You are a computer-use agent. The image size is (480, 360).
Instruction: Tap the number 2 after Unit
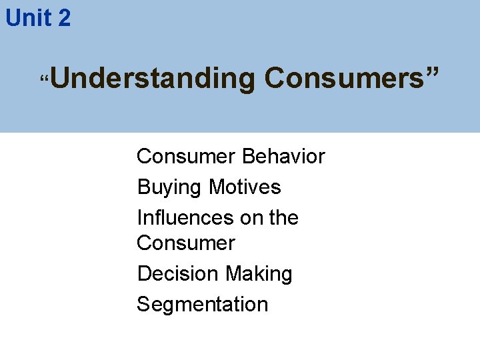63,18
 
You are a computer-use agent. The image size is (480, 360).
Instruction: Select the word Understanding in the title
152,79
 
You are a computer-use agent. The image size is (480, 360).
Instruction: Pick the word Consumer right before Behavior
186,157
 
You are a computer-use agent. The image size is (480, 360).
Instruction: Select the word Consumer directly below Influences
186,243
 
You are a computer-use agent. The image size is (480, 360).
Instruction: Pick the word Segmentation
202,305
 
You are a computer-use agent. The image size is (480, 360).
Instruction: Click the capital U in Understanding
58,79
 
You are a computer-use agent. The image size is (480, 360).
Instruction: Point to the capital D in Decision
144,274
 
